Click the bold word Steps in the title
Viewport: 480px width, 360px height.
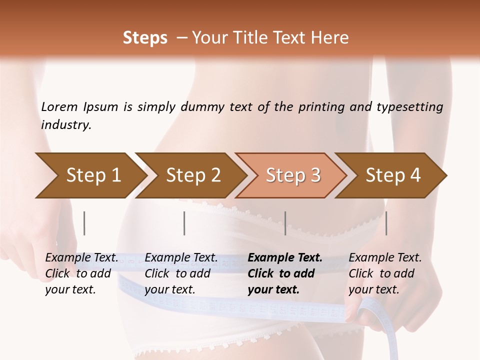(145, 38)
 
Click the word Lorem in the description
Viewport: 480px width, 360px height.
(59, 107)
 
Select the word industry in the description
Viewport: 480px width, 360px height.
(66, 125)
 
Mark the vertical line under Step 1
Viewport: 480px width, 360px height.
(84, 223)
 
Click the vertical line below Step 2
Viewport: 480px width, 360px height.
(184, 223)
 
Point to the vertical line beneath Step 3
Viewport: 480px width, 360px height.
(285, 223)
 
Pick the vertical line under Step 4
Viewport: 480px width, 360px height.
(386, 223)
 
